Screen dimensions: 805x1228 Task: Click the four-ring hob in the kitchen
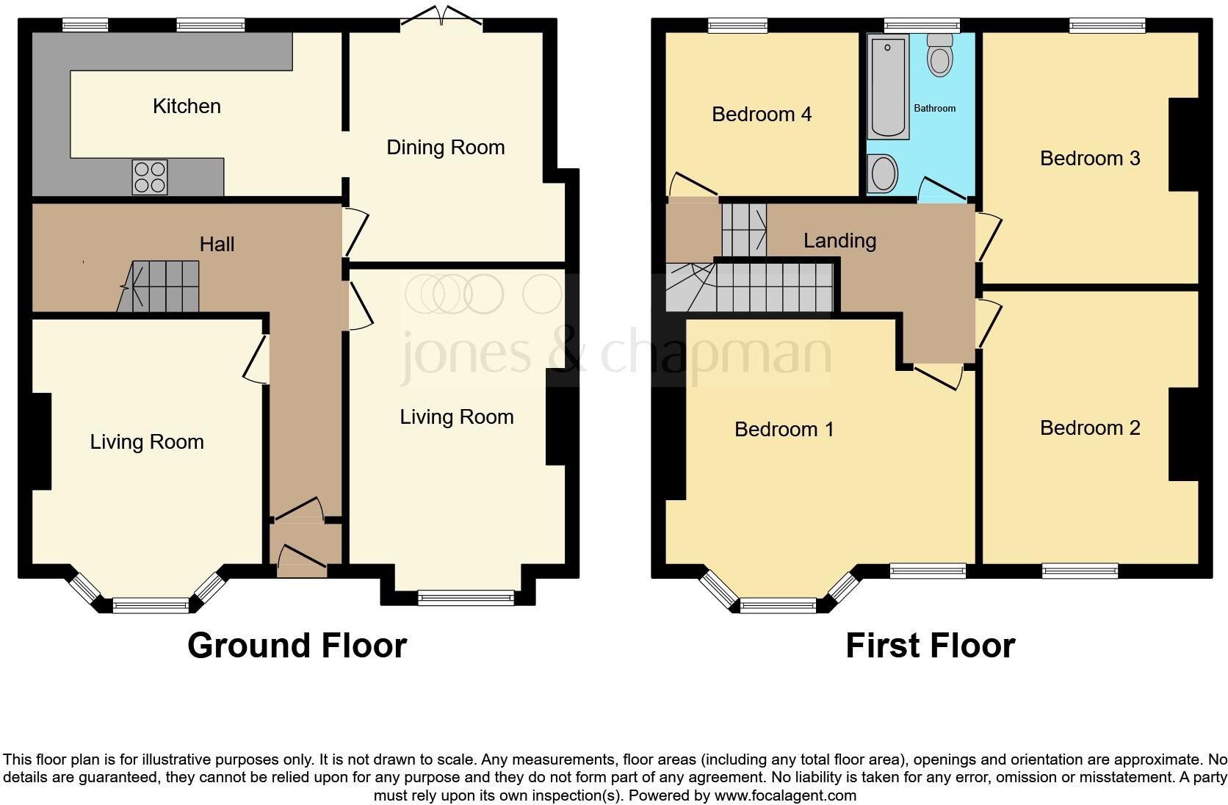[150, 177]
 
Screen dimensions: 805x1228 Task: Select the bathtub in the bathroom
[888, 87]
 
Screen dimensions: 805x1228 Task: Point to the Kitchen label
[187, 107]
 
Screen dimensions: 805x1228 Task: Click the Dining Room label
[445, 148]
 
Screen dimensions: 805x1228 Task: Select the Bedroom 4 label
[762, 115]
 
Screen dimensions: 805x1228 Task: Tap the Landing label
[839, 241]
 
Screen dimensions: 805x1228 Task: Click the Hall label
[217, 245]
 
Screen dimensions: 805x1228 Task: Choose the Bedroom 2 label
[1090, 428]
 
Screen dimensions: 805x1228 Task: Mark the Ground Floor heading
[297, 646]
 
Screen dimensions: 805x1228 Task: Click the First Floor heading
[930, 646]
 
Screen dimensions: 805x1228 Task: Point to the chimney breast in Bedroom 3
[1182, 144]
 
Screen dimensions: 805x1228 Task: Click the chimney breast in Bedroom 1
[675, 443]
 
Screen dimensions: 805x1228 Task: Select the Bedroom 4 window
[737, 26]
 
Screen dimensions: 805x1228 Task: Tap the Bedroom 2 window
[1080, 570]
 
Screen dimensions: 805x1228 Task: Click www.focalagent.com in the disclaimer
[785, 795]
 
